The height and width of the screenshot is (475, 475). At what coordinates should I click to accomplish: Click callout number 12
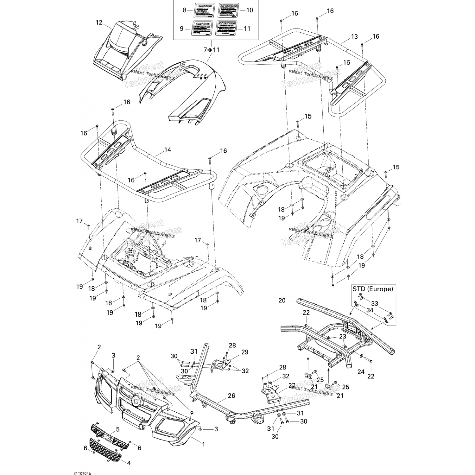click(99, 22)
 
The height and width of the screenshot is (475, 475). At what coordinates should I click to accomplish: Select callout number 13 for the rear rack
click(354, 37)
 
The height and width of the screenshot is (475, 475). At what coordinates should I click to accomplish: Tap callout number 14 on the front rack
click(168, 149)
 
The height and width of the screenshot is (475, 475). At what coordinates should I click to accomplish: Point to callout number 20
click(282, 300)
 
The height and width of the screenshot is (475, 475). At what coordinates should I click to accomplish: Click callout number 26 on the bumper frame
click(231, 396)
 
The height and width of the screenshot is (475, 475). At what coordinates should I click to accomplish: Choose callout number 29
click(245, 352)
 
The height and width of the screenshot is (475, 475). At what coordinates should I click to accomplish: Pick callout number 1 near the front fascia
click(203, 445)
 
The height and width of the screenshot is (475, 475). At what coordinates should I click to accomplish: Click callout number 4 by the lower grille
click(129, 463)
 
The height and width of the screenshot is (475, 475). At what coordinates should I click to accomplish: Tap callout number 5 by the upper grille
click(117, 430)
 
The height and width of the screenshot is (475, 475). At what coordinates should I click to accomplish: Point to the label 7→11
click(211, 50)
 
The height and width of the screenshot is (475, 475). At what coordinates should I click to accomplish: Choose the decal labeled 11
click(227, 28)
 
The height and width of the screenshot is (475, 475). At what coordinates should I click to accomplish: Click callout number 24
click(361, 372)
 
